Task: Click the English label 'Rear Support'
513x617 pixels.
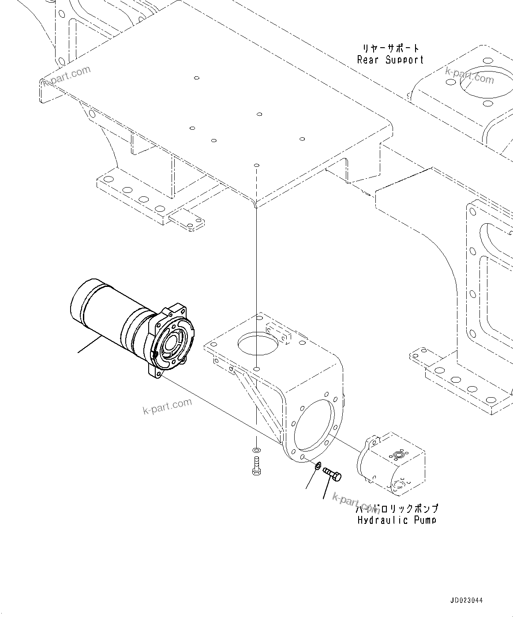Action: (390, 60)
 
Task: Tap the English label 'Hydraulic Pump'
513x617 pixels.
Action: (397, 520)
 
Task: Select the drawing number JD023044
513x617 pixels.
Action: (467, 601)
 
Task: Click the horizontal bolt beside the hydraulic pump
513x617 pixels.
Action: (333, 474)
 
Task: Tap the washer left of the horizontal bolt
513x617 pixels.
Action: (318, 465)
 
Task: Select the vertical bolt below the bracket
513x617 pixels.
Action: (256, 466)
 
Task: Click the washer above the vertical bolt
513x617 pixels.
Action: (256, 451)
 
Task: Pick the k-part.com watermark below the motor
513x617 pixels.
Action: (168, 406)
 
